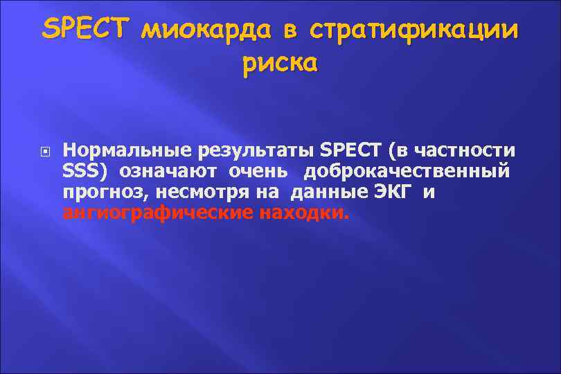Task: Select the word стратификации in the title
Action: click(413, 31)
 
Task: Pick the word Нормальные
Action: click(127, 150)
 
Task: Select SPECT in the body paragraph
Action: click(349, 150)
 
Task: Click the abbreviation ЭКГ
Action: click(393, 191)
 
